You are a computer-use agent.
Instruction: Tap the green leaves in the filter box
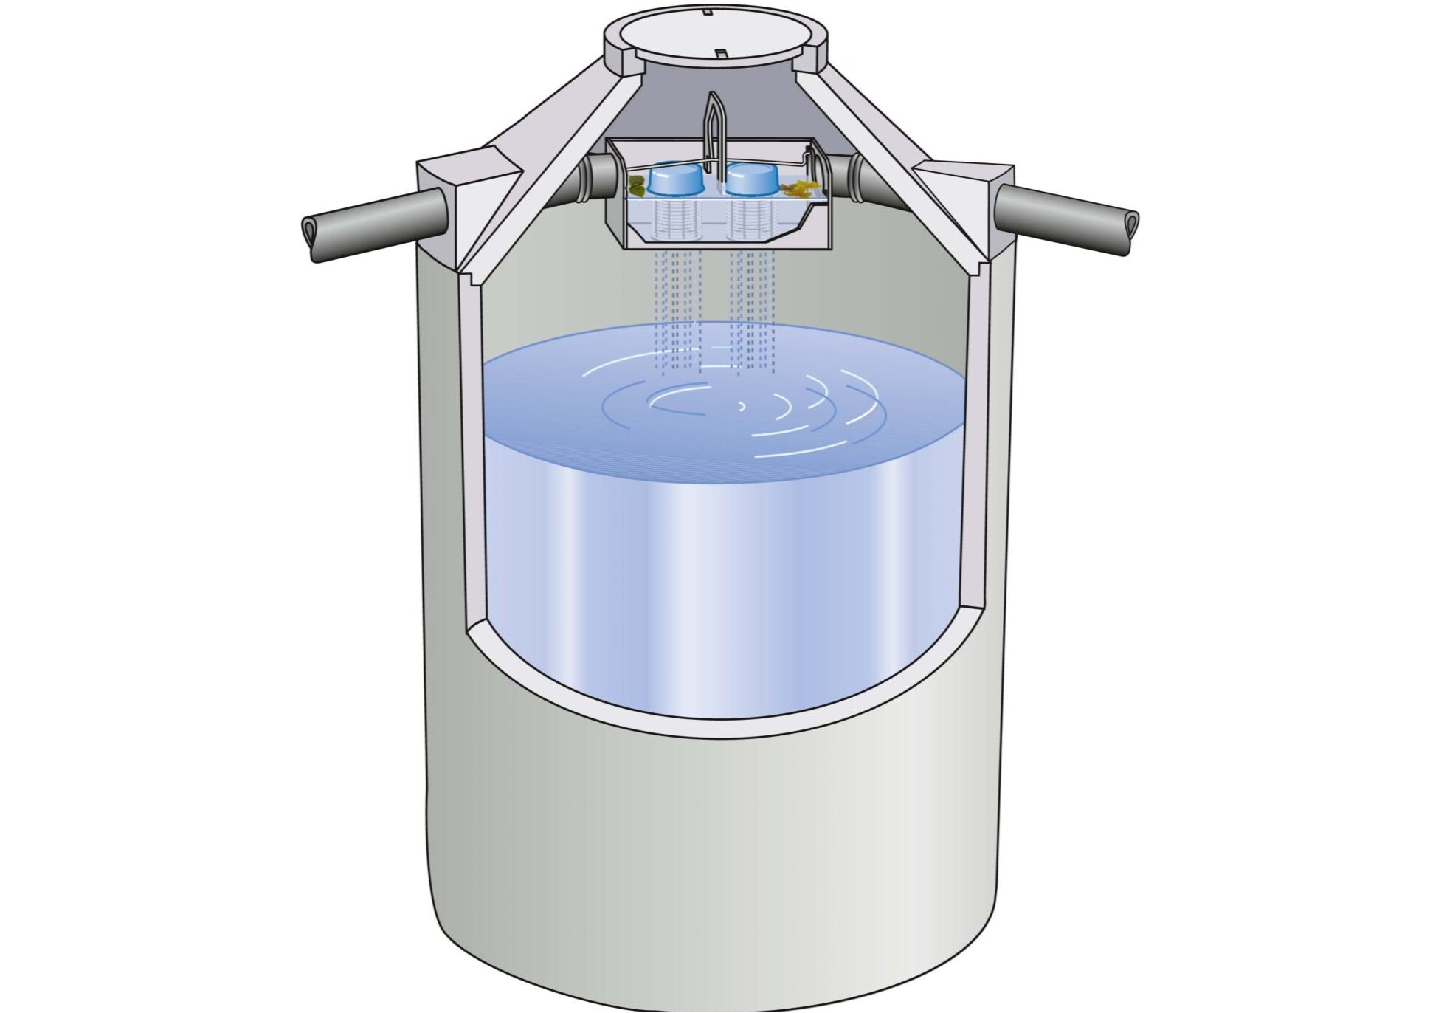click(x=637, y=185)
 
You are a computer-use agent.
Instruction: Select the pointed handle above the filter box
click(x=713, y=126)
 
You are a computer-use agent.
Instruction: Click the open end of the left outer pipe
click(x=309, y=237)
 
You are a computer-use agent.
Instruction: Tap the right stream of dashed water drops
click(x=753, y=310)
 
